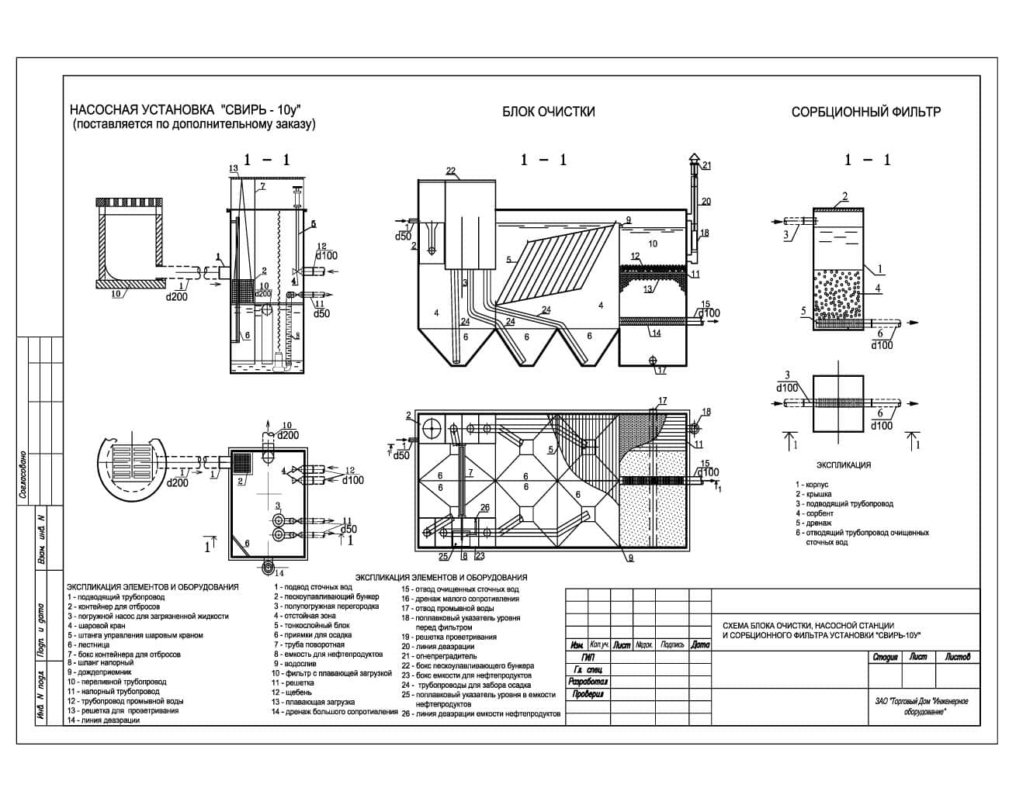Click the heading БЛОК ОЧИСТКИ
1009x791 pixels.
pyautogui.click(x=548, y=112)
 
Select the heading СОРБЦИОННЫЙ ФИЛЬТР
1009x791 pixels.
pyautogui.click(x=865, y=112)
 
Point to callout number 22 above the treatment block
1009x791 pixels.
pyautogui.click(x=451, y=171)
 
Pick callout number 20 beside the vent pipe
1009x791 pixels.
pyautogui.click(x=706, y=201)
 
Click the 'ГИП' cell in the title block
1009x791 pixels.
pyautogui.click(x=577, y=657)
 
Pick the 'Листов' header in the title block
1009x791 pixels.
pyautogui.click(x=956, y=657)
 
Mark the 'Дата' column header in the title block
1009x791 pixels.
pyautogui.click(x=700, y=644)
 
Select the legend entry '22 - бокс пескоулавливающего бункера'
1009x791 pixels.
pyautogui.click(x=467, y=665)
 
